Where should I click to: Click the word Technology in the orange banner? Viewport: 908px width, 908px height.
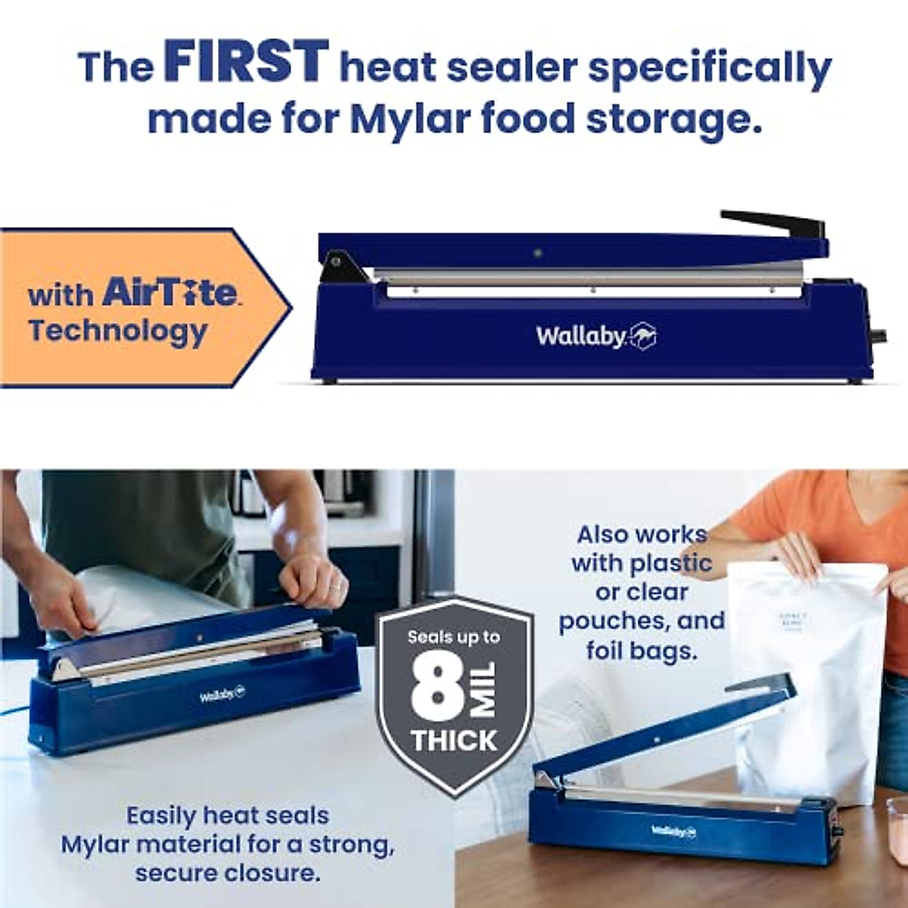point(117,331)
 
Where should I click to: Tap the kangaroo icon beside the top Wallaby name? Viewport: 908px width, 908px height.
point(642,337)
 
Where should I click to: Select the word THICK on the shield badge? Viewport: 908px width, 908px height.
point(453,740)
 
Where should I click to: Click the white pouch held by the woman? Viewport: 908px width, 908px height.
point(810,666)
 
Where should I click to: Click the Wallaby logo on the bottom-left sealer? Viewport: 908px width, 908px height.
point(222,694)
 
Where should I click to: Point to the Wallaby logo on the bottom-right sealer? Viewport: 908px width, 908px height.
point(673,831)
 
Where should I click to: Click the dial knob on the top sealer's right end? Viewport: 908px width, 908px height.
point(879,334)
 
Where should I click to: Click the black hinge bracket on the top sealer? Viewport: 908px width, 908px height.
point(334,266)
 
